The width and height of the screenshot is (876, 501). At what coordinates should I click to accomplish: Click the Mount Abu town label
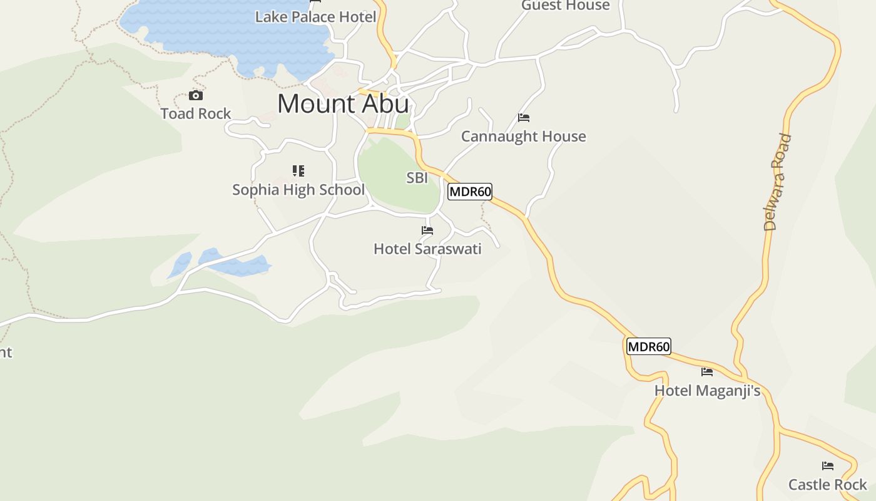[x=343, y=104]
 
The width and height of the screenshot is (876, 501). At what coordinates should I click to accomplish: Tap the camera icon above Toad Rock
[x=196, y=96]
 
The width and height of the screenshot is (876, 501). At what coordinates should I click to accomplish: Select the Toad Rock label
[x=196, y=114]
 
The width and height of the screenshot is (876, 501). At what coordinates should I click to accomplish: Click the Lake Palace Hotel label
[x=315, y=17]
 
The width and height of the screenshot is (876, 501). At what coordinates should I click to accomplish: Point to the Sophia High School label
[x=298, y=190]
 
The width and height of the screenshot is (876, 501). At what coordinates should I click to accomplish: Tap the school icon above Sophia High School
[x=298, y=171]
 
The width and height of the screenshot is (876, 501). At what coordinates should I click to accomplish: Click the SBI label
[x=417, y=178]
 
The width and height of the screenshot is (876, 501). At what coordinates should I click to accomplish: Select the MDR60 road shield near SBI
[x=470, y=192]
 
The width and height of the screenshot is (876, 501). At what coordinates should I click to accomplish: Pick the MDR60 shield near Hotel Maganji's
[x=649, y=346]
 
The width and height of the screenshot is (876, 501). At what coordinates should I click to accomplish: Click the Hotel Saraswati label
[x=427, y=249]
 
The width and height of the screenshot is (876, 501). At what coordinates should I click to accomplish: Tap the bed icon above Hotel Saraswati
[x=427, y=231]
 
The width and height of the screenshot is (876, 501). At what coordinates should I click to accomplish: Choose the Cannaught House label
[x=524, y=137]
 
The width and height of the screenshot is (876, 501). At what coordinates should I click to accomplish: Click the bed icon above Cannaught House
[x=524, y=118]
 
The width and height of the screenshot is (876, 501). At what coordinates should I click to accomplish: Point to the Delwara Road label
[x=778, y=182]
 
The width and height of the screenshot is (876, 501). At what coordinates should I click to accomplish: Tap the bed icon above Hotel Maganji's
[x=707, y=372]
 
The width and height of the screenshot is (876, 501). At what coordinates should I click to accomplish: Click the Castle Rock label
[x=828, y=485]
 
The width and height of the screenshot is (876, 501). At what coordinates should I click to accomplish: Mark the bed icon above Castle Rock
[x=828, y=466]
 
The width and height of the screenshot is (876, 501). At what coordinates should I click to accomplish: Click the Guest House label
[x=566, y=6]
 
